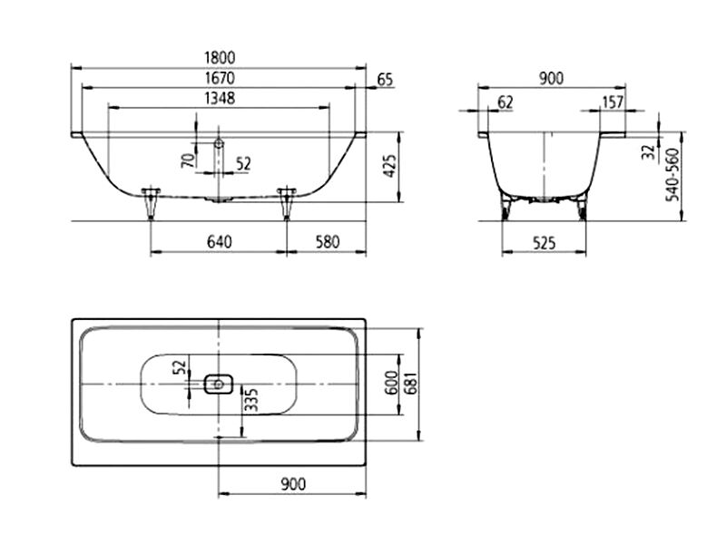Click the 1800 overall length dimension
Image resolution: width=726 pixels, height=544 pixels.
pyautogui.click(x=220, y=58)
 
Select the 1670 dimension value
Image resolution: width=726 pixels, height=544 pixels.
pyautogui.click(x=220, y=78)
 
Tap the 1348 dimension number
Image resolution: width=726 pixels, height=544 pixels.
pyautogui.click(x=220, y=98)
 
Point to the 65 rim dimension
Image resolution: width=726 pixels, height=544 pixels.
pyautogui.click(x=385, y=80)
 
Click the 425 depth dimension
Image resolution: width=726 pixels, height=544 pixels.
pyautogui.click(x=390, y=166)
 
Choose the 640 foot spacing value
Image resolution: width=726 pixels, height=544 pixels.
pyautogui.click(x=219, y=241)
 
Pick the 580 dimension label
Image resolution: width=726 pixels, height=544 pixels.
pyautogui.click(x=328, y=241)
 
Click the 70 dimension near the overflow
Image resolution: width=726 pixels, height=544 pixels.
pyautogui.click(x=188, y=160)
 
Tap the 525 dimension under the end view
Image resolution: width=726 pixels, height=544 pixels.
pyautogui.click(x=544, y=242)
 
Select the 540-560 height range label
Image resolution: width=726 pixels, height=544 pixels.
pyautogui.click(x=672, y=175)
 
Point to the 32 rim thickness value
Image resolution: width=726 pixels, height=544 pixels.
pyautogui.click(x=649, y=151)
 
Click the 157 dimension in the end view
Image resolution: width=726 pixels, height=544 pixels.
pyautogui.click(x=613, y=102)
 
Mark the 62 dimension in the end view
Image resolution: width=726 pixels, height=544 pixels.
pyautogui.click(x=505, y=102)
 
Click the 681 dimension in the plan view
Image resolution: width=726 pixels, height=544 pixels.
pyautogui.click(x=411, y=384)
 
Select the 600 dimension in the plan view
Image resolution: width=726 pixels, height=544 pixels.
pyautogui.click(x=392, y=384)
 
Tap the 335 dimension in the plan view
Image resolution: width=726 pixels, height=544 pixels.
pyautogui.click(x=251, y=400)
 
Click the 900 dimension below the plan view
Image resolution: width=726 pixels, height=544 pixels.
pyautogui.click(x=293, y=484)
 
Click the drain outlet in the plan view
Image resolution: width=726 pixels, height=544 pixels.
pyautogui.click(x=219, y=384)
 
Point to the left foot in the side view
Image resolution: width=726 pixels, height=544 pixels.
pyautogui.click(x=151, y=203)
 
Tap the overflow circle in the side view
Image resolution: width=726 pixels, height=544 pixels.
pyautogui.click(x=219, y=143)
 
